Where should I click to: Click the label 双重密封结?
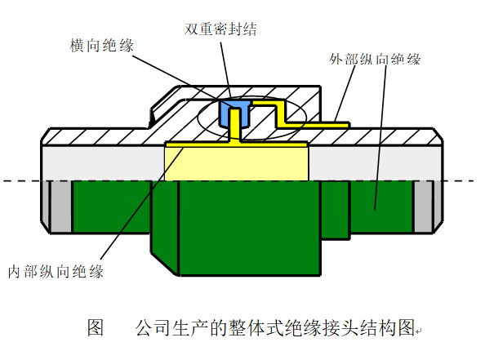[220, 29]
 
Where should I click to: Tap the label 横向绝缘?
[102, 46]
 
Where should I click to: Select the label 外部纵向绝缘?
[375, 59]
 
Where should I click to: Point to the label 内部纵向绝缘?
[56, 272]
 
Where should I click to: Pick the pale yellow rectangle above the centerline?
[236, 163]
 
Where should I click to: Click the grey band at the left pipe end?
[61, 207]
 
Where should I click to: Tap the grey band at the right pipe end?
[423, 207]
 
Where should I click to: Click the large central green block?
[250, 228]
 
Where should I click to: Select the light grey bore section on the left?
[104, 163]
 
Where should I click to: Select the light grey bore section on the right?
[375, 163]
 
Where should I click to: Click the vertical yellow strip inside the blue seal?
[235, 124]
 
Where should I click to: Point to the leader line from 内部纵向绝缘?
[142, 203]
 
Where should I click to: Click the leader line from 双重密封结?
[226, 73]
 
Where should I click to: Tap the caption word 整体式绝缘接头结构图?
[322, 327]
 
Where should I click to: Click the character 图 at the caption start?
[96, 327]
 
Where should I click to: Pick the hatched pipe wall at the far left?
[93, 136]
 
